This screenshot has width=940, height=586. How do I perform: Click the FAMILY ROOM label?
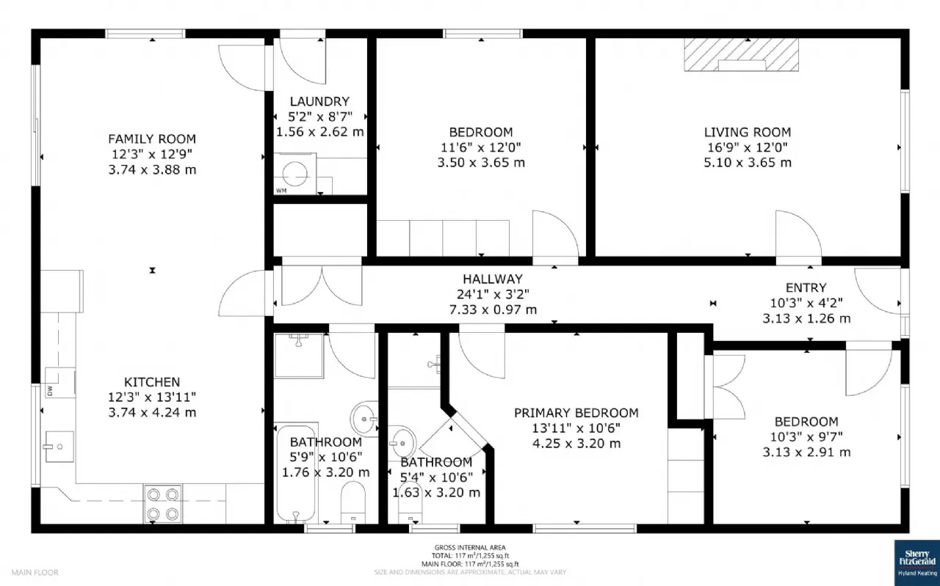click(x=152, y=139)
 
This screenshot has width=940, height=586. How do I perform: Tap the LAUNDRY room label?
click(x=319, y=101)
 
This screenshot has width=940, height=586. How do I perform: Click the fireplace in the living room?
click(x=741, y=55)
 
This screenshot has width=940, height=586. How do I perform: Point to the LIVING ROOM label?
click(x=748, y=132)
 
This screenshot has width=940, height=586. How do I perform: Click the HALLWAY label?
click(x=493, y=279)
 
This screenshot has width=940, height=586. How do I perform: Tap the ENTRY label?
click(x=806, y=287)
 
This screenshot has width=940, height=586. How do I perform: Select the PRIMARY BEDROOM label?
click(x=576, y=413)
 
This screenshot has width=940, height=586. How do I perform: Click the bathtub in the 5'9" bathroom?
click(x=296, y=472)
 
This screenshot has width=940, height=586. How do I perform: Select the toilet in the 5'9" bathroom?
click(x=355, y=501)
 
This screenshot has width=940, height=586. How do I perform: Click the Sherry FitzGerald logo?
click(x=916, y=563)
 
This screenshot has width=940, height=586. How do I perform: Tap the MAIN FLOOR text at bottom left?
click(x=35, y=572)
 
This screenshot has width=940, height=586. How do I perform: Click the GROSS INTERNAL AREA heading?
click(x=469, y=547)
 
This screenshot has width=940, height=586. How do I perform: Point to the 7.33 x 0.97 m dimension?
click(x=493, y=310)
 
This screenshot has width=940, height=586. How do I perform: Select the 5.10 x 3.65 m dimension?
click(x=748, y=163)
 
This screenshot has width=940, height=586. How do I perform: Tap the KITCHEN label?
click(x=152, y=382)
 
